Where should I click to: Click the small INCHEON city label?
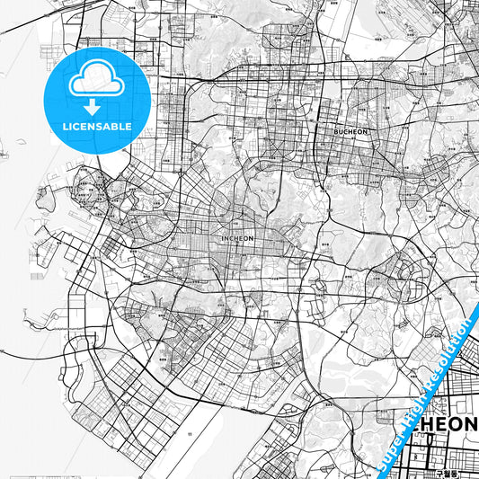point(237,238)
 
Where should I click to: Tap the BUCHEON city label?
point(351,131)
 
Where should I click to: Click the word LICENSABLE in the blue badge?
point(96,127)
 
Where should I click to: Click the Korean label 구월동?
point(447,471)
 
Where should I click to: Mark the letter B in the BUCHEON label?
point(336,131)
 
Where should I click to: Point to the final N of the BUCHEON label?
point(367,131)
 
